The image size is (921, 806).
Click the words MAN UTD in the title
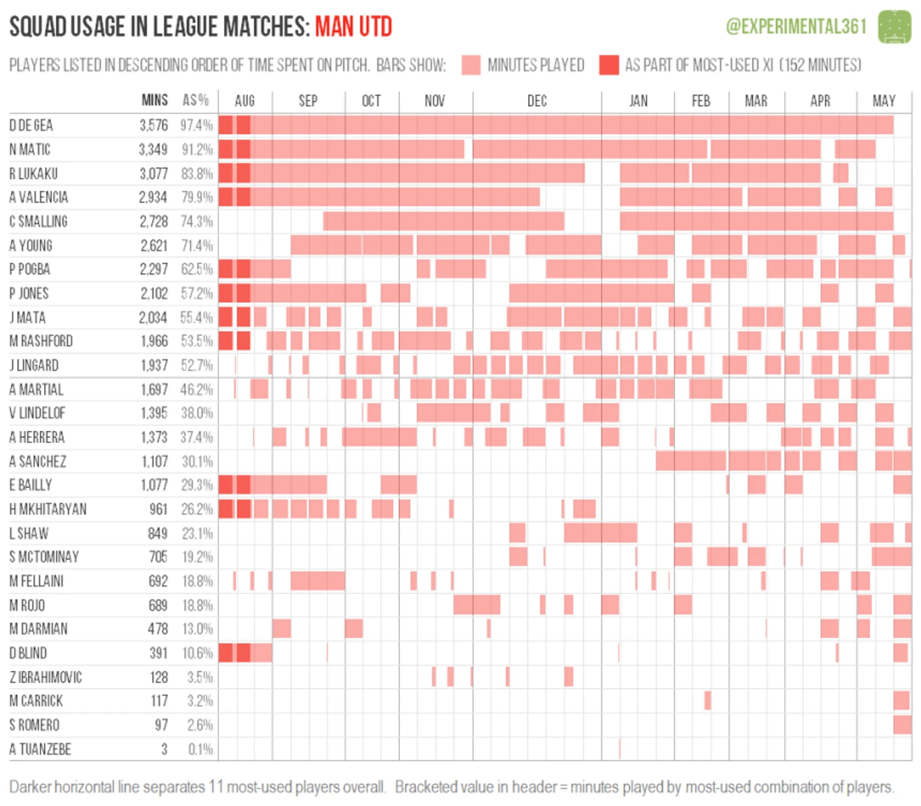(x=353, y=27)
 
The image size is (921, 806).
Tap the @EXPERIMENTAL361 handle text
(x=796, y=27)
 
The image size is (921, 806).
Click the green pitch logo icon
(x=895, y=27)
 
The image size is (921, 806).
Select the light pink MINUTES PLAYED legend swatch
(x=471, y=65)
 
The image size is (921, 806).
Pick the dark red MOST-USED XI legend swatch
(x=609, y=65)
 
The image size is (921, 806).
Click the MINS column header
(x=155, y=100)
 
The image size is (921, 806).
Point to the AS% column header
(x=196, y=100)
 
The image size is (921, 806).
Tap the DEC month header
(x=537, y=101)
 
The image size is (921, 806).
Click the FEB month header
(x=701, y=101)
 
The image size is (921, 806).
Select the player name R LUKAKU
(x=33, y=174)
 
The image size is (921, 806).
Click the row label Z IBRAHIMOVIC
(x=45, y=677)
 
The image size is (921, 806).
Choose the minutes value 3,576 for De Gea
(x=154, y=126)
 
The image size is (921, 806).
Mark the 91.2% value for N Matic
(x=197, y=150)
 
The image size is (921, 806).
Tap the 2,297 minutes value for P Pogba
(x=154, y=270)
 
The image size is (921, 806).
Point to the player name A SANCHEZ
(x=37, y=461)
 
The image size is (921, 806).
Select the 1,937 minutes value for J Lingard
(x=154, y=365)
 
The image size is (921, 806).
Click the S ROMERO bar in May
(x=903, y=725)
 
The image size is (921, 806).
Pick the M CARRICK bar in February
(x=708, y=701)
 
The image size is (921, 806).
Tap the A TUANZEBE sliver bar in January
(x=619, y=749)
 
